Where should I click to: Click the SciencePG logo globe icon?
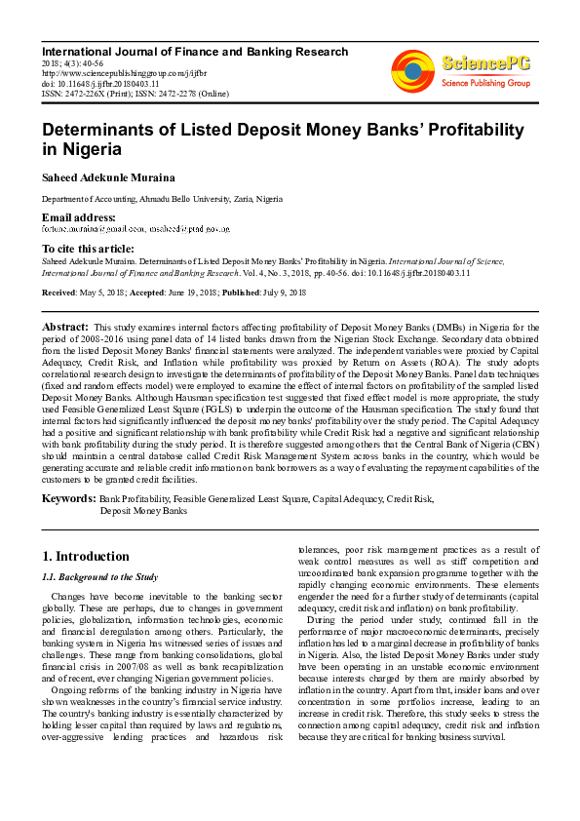click(412, 71)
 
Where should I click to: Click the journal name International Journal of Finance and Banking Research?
click(194, 52)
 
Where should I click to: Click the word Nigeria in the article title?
click(89, 150)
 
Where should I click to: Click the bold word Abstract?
click(65, 326)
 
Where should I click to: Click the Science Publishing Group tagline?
click(483, 84)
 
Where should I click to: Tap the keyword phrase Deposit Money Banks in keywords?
click(143, 510)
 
